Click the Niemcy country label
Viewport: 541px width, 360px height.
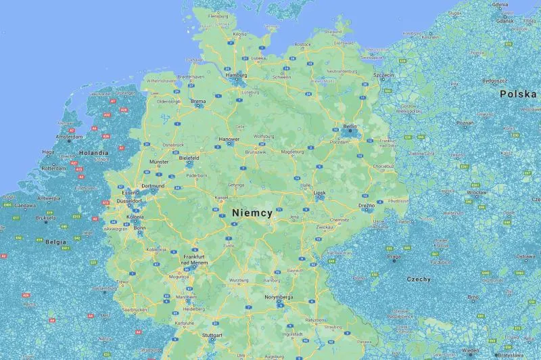coord(252,212)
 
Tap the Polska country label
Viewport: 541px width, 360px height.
coord(518,94)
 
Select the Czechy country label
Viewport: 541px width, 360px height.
coord(419,279)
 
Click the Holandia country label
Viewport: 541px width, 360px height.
coord(93,153)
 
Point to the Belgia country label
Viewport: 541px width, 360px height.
coord(55,241)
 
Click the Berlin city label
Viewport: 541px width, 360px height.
coord(350,127)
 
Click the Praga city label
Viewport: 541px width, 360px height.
coord(394,257)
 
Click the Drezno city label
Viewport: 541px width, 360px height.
coord(367,204)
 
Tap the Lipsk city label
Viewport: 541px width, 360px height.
coord(321,192)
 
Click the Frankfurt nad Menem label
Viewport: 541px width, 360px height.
coord(194,260)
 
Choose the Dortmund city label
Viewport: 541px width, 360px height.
coord(153,185)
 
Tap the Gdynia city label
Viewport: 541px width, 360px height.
coord(500,5)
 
